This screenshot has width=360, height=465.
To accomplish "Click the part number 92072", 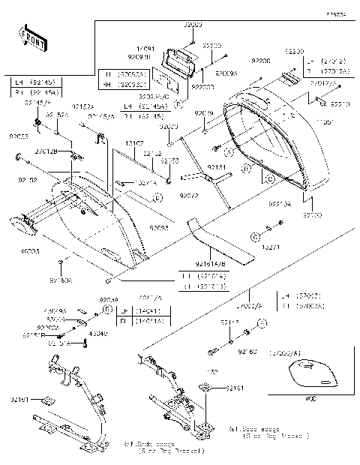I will click(188, 196).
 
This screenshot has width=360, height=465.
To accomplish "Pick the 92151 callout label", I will click(216, 168).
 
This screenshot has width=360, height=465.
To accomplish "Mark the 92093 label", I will click(157, 226).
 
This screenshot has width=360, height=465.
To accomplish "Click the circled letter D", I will click(157, 197).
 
